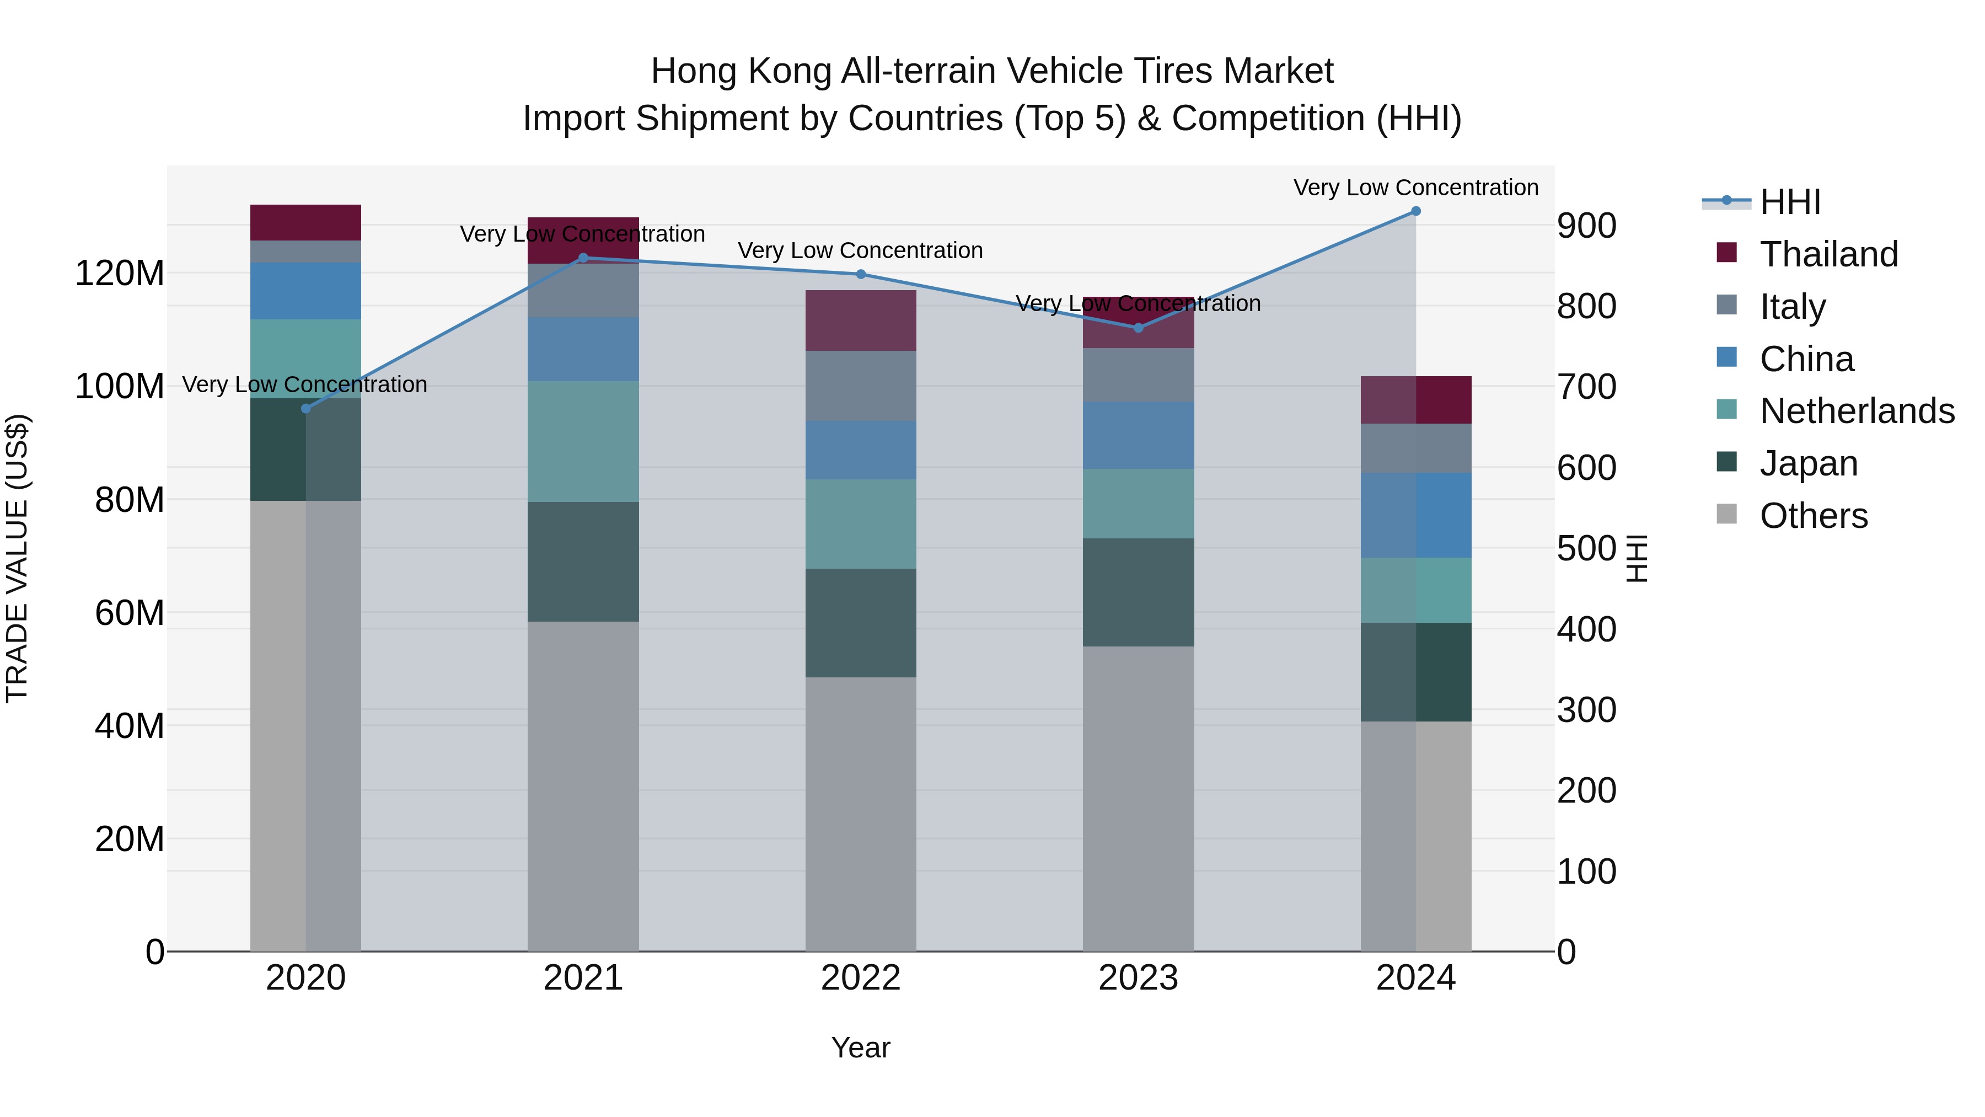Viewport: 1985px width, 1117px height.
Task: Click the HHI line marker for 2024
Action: (1415, 211)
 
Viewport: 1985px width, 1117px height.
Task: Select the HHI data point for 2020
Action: (306, 409)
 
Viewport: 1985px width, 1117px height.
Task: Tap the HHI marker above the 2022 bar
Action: (861, 275)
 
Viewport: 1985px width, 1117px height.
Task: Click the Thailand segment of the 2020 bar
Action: (306, 223)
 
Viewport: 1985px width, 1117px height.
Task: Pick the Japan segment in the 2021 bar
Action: (583, 562)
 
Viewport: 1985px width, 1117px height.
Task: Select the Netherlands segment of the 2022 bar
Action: (861, 524)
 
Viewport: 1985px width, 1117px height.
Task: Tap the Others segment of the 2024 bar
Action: (1415, 836)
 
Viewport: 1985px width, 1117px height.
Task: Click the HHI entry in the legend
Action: (1790, 202)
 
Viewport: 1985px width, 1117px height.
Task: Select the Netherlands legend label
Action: (1857, 411)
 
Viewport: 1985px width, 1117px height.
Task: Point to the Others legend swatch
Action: (1727, 514)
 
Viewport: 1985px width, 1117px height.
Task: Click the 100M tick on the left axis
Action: (120, 386)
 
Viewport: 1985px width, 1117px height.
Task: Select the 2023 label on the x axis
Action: (1138, 978)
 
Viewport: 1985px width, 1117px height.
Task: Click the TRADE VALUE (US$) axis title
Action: (17, 558)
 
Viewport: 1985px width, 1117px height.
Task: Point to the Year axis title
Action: (861, 1047)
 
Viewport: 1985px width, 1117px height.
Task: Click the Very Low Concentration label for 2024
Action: (1415, 188)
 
